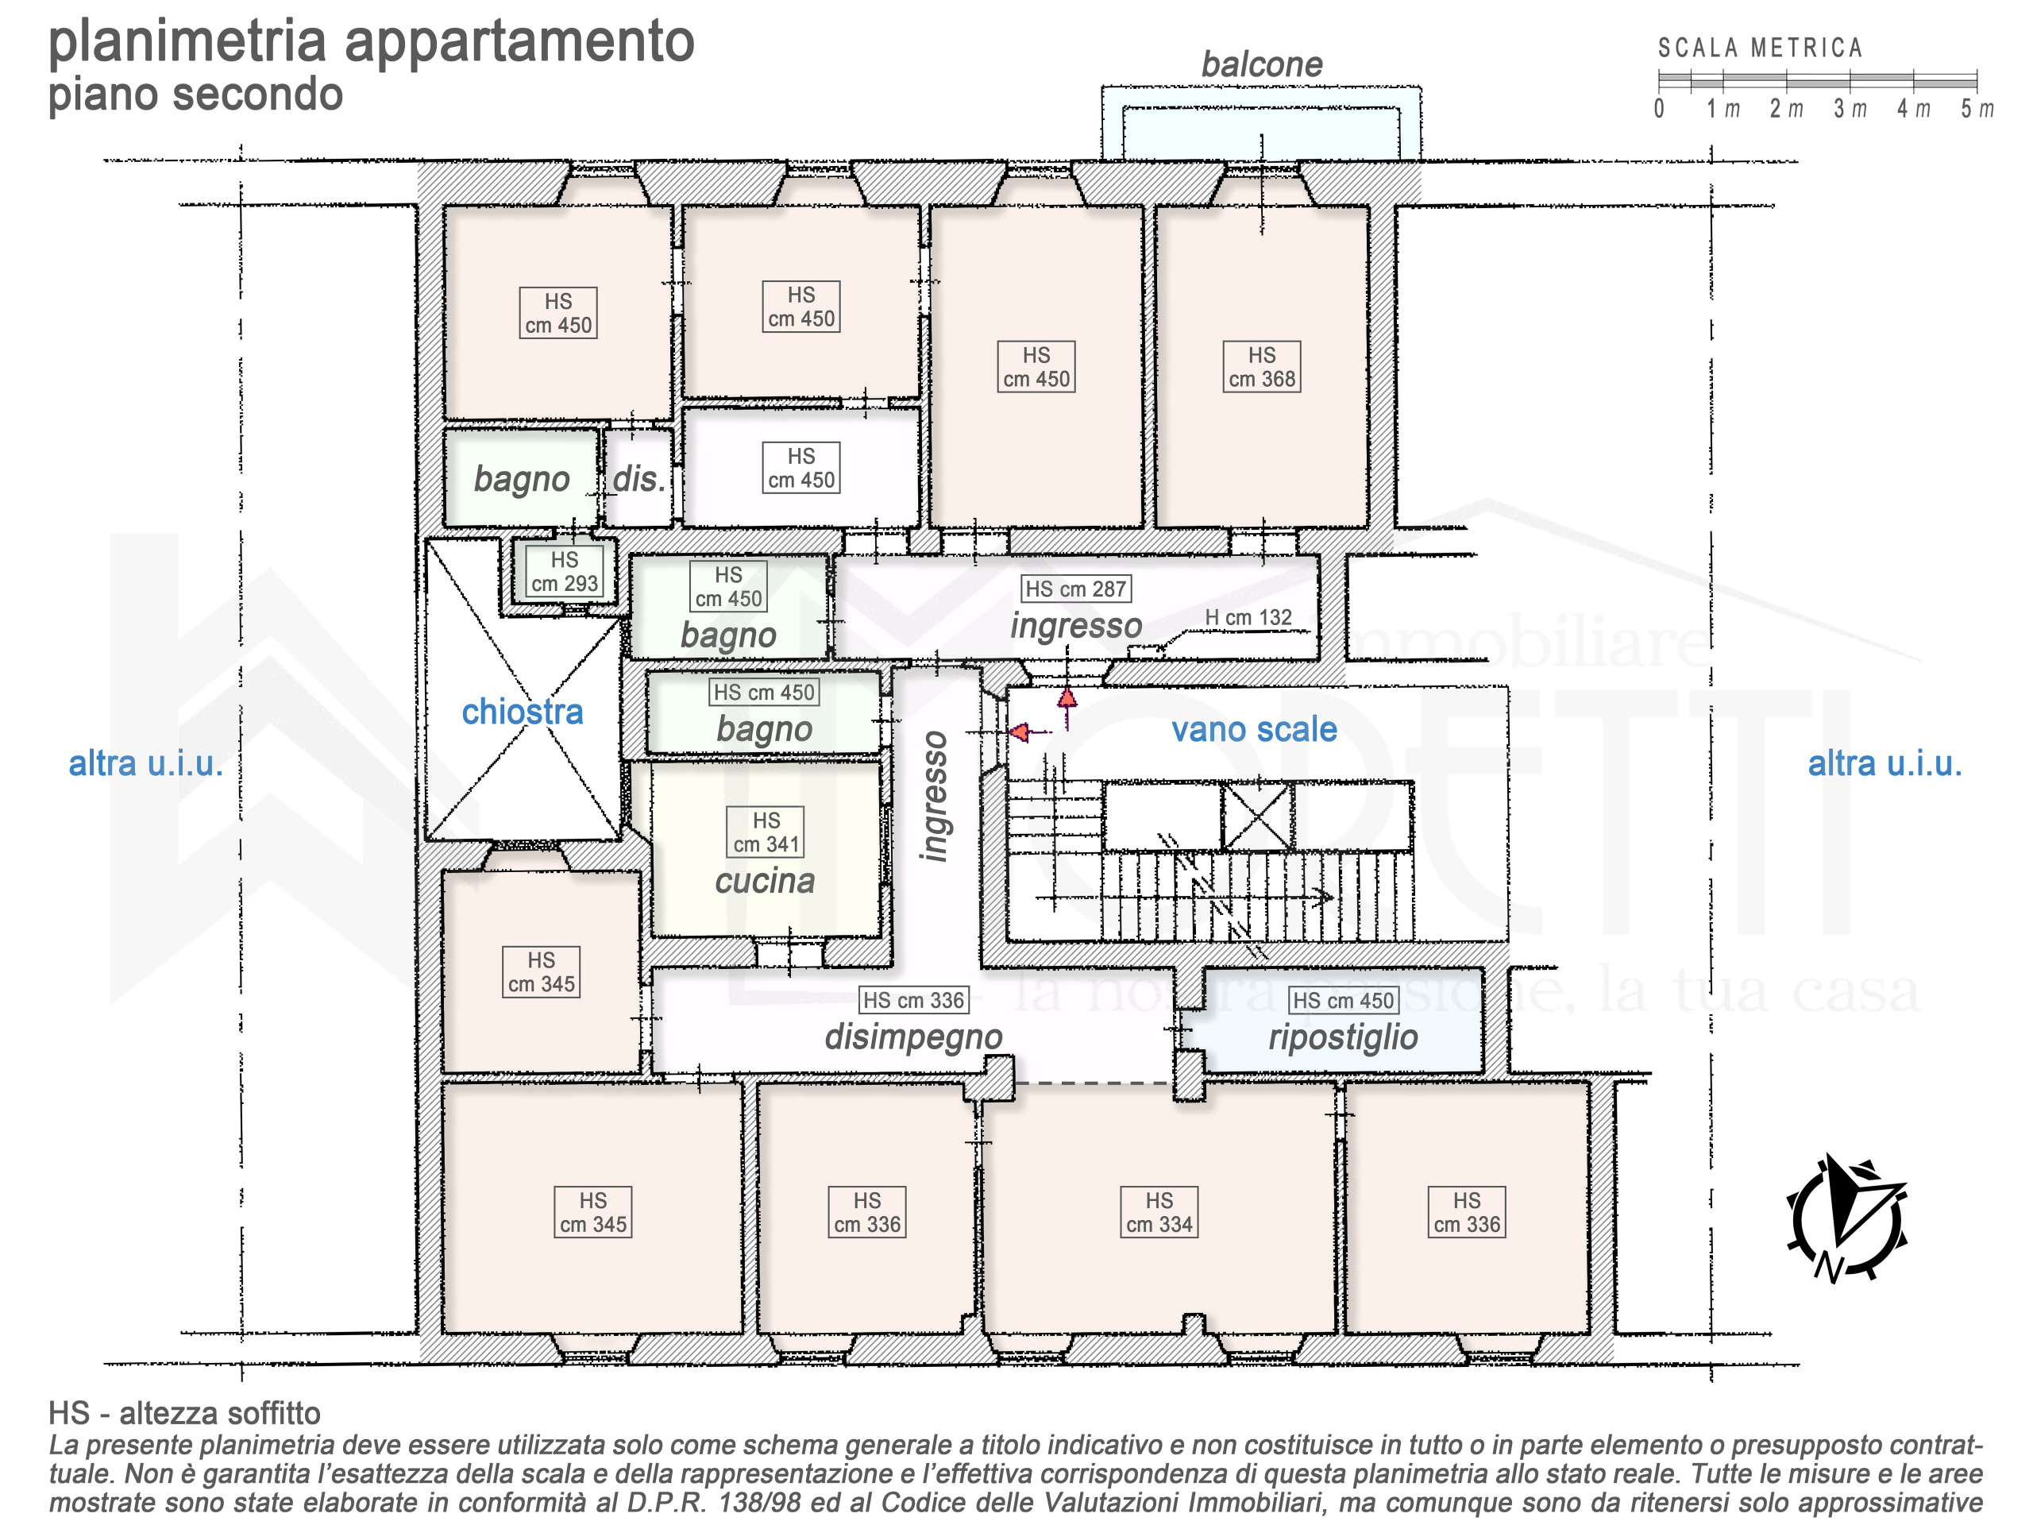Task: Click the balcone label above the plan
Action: click(x=1261, y=64)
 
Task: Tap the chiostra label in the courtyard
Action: click(x=522, y=712)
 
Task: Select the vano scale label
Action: click(x=1254, y=729)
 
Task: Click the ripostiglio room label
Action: click(x=1343, y=1037)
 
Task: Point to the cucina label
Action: click(x=765, y=881)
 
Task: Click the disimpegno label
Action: click(x=912, y=1037)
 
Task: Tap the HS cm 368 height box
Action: click(x=1262, y=367)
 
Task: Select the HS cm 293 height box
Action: click(x=565, y=572)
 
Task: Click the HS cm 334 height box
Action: click(x=1159, y=1213)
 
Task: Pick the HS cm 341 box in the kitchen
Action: click(x=766, y=832)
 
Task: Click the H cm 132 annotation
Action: click(x=1248, y=618)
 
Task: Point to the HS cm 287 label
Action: click(x=1075, y=589)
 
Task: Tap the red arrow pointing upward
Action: click(x=1067, y=708)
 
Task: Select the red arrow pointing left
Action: click(x=1029, y=732)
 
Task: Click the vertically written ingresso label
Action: click(x=934, y=797)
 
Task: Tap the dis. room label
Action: click(x=638, y=479)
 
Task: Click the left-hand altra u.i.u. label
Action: click(x=146, y=764)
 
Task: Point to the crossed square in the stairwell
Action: click(x=1257, y=817)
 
